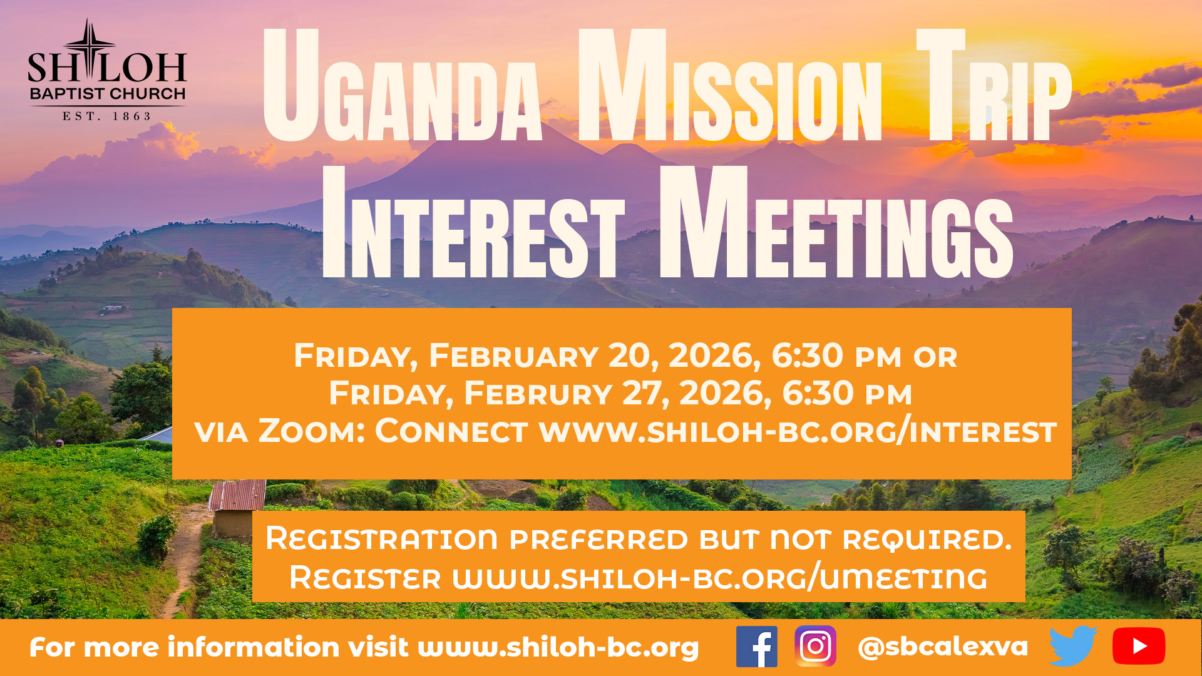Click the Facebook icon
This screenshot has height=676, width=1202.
pyautogui.click(x=756, y=646)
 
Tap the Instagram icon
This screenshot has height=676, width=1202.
pyautogui.click(x=815, y=646)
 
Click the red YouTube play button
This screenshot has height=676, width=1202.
pyautogui.click(x=1138, y=646)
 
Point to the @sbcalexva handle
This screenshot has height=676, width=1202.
pyautogui.click(x=943, y=647)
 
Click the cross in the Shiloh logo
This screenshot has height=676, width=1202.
pyautogui.click(x=90, y=50)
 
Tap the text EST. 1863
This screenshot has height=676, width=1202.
pyautogui.click(x=107, y=116)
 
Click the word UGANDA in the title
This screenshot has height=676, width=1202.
pyautogui.click(x=401, y=88)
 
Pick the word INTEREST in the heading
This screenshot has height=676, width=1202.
pyautogui.click(x=473, y=225)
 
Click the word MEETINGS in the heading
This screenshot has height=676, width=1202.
pyautogui.click(x=836, y=225)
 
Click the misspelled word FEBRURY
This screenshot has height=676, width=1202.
pyautogui.click(x=538, y=394)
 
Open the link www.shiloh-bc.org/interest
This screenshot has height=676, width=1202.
pyautogui.click(x=798, y=432)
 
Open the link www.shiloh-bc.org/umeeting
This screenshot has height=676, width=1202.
pyautogui.click(x=720, y=577)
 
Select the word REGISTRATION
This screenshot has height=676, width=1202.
pyautogui.click(x=381, y=539)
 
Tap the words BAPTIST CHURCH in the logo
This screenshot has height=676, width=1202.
pyautogui.click(x=108, y=94)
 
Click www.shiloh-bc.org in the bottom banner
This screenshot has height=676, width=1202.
pyautogui.click(x=558, y=647)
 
